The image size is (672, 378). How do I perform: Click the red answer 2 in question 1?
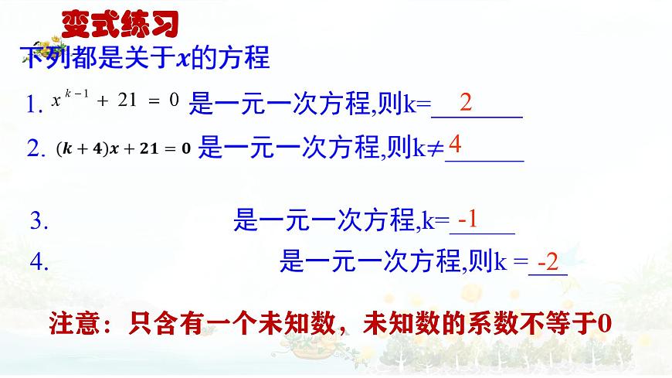(466, 102)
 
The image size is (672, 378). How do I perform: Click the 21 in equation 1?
(125, 100)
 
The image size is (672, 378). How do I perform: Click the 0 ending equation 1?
(174, 100)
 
